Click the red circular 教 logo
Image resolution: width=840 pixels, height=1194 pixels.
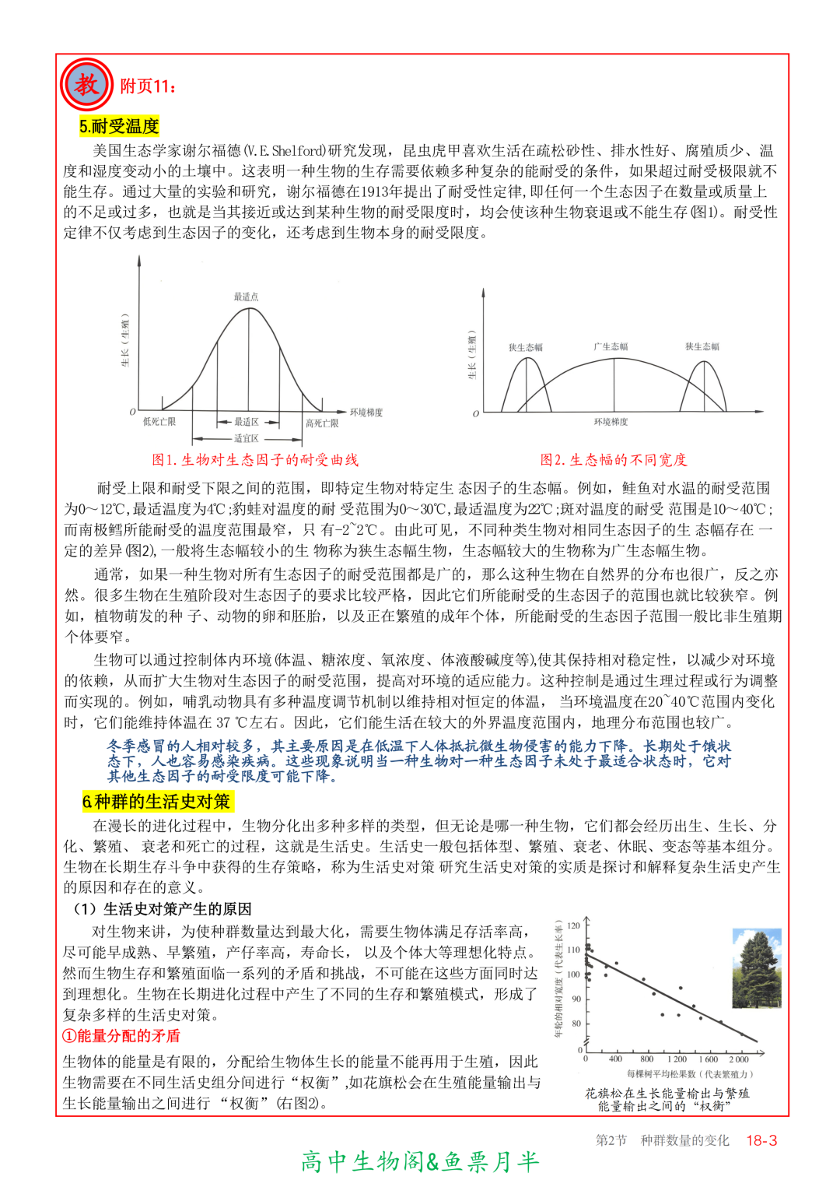pyautogui.click(x=86, y=84)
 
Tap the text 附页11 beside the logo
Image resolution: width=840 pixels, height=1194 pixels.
pyautogui.click(x=148, y=86)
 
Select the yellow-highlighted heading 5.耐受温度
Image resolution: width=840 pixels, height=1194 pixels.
pyautogui.click(x=119, y=126)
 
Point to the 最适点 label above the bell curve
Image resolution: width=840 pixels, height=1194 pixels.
pyautogui.click(x=246, y=297)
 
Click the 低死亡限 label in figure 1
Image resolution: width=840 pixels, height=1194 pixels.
pyautogui.click(x=159, y=422)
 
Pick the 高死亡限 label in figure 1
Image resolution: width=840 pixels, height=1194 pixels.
pyautogui.click(x=322, y=423)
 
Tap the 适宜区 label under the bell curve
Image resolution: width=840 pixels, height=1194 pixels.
pyautogui.click(x=246, y=439)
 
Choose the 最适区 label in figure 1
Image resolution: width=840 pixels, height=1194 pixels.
pyautogui.click(x=246, y=422)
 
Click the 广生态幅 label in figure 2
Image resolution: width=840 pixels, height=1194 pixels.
pyautogui.click(x=611, y=346)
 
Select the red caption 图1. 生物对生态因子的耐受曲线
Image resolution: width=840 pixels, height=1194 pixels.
pyautogui.click(x=255, y=460)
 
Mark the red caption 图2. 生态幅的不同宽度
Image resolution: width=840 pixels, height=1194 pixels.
pyautogui.click(x=614, y=460)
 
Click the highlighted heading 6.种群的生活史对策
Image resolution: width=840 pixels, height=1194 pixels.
pyautogui.click(x=156, y=802)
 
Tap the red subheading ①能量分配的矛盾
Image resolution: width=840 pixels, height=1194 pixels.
pyautogui.click(x=121, y=1036)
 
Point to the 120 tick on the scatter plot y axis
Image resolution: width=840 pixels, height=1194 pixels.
pyautogui.click(x=574, y=925)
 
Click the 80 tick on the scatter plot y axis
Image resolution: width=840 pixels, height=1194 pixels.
pyautogui.click(x=576, y=1024)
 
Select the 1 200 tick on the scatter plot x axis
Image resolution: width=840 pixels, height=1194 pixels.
pyautogui.click(x=677, y=1059)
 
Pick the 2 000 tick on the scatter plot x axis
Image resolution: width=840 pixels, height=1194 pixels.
pyautogui.click(x=739, y=1059)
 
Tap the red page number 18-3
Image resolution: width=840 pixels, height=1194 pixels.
pyautogui.click(x=761, y=1140)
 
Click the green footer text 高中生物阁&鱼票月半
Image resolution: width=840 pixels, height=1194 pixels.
pyautogui.click(x=420, y=1162)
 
